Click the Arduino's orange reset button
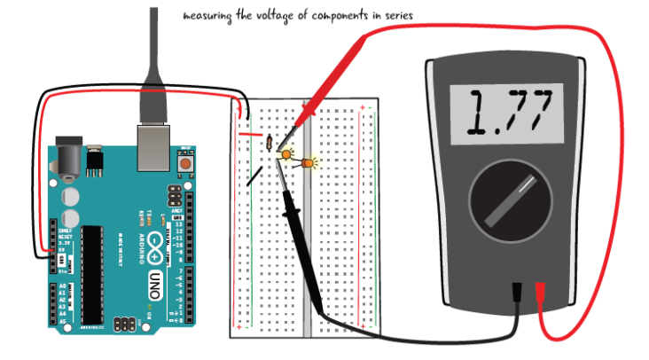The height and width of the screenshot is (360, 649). tap(186, 164)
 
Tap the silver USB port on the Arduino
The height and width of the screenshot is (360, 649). tap(153, 146)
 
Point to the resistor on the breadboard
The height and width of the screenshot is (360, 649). tap(268, 143)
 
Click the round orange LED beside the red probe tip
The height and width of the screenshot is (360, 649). tap(287, 155)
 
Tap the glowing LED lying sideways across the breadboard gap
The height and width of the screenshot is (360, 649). tap(309, 164)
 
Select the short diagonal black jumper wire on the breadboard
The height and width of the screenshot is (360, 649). tap(255, 176)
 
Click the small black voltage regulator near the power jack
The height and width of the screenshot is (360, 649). tap(93, 160)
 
